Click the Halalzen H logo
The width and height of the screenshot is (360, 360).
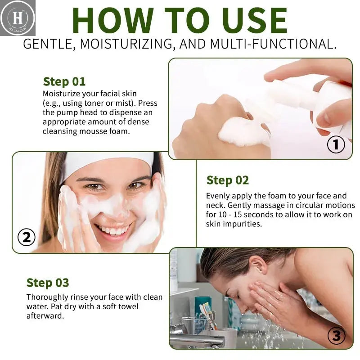tap(18, 18)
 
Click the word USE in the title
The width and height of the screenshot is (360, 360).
tap(254, 20)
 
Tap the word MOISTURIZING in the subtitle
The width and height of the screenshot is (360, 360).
tap(126, 44)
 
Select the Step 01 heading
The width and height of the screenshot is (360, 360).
tap(64, 82)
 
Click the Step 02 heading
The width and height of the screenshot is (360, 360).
tap(228, 180)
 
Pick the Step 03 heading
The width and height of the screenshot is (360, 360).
tap(48, 283)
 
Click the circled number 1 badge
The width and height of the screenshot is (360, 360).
tap(336, 144)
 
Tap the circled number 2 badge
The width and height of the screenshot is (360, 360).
tap(27, 237)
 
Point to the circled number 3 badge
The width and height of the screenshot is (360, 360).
tap(336, 336)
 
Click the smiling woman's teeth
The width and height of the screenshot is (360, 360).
tap(113, 230)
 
